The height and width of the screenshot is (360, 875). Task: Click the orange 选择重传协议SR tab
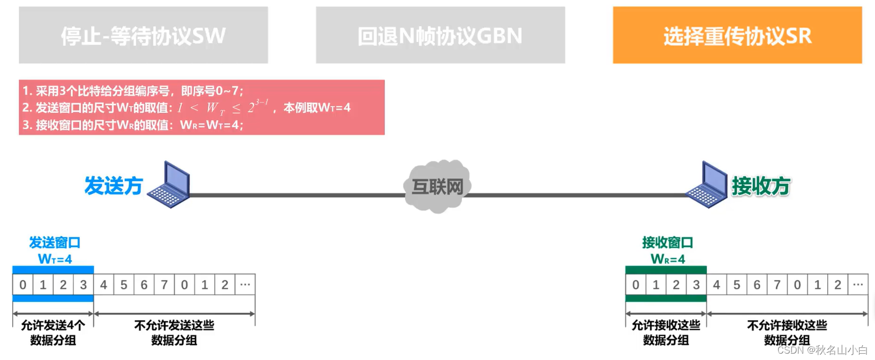tap(737, 35)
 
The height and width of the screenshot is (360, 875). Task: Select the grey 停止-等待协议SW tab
tap(143, 35)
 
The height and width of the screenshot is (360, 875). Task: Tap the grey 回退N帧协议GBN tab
tap(440, 35)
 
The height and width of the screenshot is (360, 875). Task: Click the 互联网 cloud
tap(437, 186)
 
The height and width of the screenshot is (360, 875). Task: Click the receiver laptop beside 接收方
tap(707, 185)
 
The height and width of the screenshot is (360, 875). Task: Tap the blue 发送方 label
tap(114, 186)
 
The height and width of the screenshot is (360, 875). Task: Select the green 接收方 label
tap(761, 186)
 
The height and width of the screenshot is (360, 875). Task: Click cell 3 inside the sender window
tap(83, 285)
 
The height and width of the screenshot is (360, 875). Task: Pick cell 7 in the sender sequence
tap(164, 285)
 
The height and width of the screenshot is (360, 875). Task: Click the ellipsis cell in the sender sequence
tap(245, 285)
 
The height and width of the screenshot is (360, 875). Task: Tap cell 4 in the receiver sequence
tap(716, 285)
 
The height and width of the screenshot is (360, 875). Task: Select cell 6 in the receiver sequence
tap(757, 285)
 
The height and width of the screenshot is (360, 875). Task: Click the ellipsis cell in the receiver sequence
tap(857, 285)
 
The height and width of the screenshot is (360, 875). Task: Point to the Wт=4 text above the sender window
tap(55, 259)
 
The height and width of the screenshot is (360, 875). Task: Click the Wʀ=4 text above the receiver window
tap(667, 259)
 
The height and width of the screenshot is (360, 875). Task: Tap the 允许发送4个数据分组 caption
tap(53, 332)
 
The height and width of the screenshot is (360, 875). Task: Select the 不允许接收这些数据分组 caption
tap(787, 332)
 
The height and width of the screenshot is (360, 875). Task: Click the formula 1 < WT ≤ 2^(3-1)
tap(223, 108)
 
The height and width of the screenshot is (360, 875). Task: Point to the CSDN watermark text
tap(822, 350)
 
